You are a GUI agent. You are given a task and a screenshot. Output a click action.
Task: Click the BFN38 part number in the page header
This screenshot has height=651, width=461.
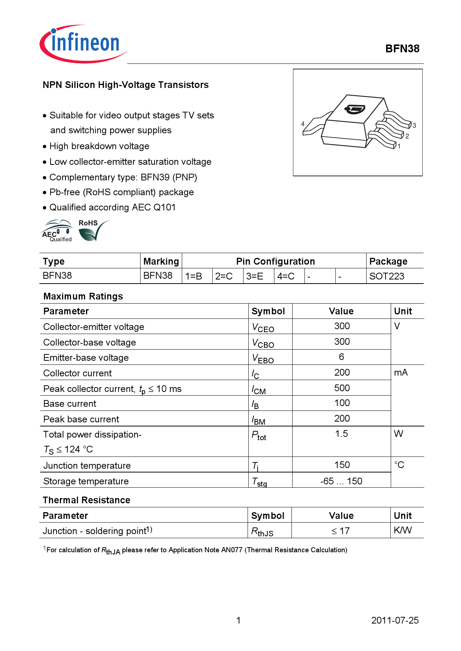[x=402, y=49]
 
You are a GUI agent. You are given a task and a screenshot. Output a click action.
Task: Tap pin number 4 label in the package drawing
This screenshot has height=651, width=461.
[x=303, y=124]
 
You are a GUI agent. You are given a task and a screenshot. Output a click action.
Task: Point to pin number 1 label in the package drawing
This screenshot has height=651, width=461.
[x=399, y=146]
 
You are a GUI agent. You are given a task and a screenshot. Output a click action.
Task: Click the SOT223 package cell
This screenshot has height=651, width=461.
[x=386, y=276]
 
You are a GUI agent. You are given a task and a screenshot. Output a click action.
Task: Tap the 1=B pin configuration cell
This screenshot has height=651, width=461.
[x=193, y=276]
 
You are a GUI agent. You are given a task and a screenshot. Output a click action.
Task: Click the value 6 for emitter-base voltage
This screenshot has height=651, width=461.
[x=341, y=357]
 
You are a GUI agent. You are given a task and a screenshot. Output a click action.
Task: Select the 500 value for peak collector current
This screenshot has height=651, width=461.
[x=342, y=388]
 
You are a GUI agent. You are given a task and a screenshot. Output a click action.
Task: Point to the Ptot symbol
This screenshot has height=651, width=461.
[x=259, y=435]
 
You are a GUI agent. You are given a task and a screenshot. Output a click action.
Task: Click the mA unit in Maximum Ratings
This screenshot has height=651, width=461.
[x=400, y=373]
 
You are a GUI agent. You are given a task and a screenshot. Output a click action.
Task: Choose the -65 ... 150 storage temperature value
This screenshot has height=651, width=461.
[x=341, y=481]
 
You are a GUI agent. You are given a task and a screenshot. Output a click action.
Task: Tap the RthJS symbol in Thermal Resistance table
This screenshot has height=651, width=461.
[x=262, y=532]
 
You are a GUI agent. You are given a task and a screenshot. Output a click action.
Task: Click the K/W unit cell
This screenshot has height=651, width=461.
[x=403, y=530]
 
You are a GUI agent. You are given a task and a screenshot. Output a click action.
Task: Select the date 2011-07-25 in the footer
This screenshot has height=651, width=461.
[x=394, y=620]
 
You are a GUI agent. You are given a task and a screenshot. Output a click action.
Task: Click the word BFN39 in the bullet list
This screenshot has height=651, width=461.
[x=155, y=177]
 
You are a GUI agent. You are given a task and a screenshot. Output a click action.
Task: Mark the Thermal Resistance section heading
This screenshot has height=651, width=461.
[x=86, y=500]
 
